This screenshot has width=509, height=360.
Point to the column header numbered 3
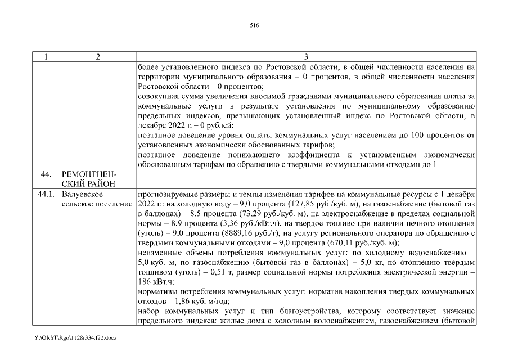click(x=306, y=57)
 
